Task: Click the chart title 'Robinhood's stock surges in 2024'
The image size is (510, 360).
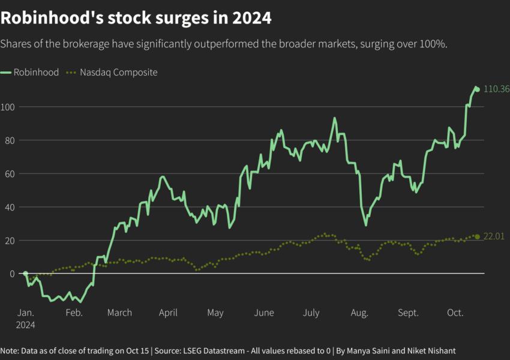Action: (136, 18)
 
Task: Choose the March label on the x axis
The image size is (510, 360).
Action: (119, 313)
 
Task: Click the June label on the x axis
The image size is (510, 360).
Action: (264, 313)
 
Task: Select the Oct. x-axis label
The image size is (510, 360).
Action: (455, 313)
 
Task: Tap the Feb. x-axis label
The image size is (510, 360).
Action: (74, 313)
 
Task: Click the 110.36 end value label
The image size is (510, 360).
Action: (496, 89)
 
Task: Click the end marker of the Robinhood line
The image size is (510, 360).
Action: (477, 89)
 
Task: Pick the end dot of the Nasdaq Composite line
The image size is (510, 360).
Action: (477, 237)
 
